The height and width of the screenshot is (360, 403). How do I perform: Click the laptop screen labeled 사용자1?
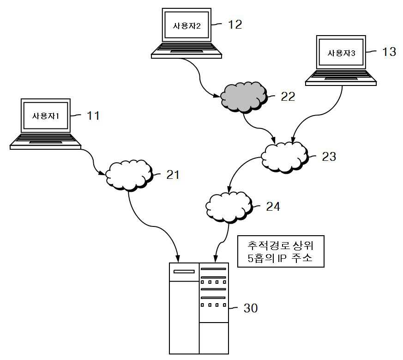[46, 116]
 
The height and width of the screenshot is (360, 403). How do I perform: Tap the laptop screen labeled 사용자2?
[186, 25]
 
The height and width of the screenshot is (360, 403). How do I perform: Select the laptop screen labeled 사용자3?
[341, 52]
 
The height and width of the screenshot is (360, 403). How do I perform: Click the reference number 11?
[93, 116]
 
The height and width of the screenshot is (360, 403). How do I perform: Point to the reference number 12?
[235, 24]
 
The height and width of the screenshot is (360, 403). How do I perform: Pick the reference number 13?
[389, 51]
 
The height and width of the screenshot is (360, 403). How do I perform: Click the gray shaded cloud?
[244, 97]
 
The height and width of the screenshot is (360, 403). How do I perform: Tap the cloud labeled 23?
[284, 157]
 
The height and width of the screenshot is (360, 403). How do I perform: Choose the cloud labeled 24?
[229, 207]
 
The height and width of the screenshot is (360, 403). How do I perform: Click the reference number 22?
[288, 97]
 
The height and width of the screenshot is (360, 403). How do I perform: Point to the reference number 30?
[251, 308]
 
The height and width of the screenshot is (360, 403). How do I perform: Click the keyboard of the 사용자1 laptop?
[46, 139]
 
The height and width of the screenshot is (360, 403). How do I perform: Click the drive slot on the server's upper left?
[184, 271]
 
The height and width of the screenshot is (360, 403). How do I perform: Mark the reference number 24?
[273, 207]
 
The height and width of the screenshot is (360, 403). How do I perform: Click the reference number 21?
[173, 175]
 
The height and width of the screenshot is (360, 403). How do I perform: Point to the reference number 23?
[329, 157]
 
